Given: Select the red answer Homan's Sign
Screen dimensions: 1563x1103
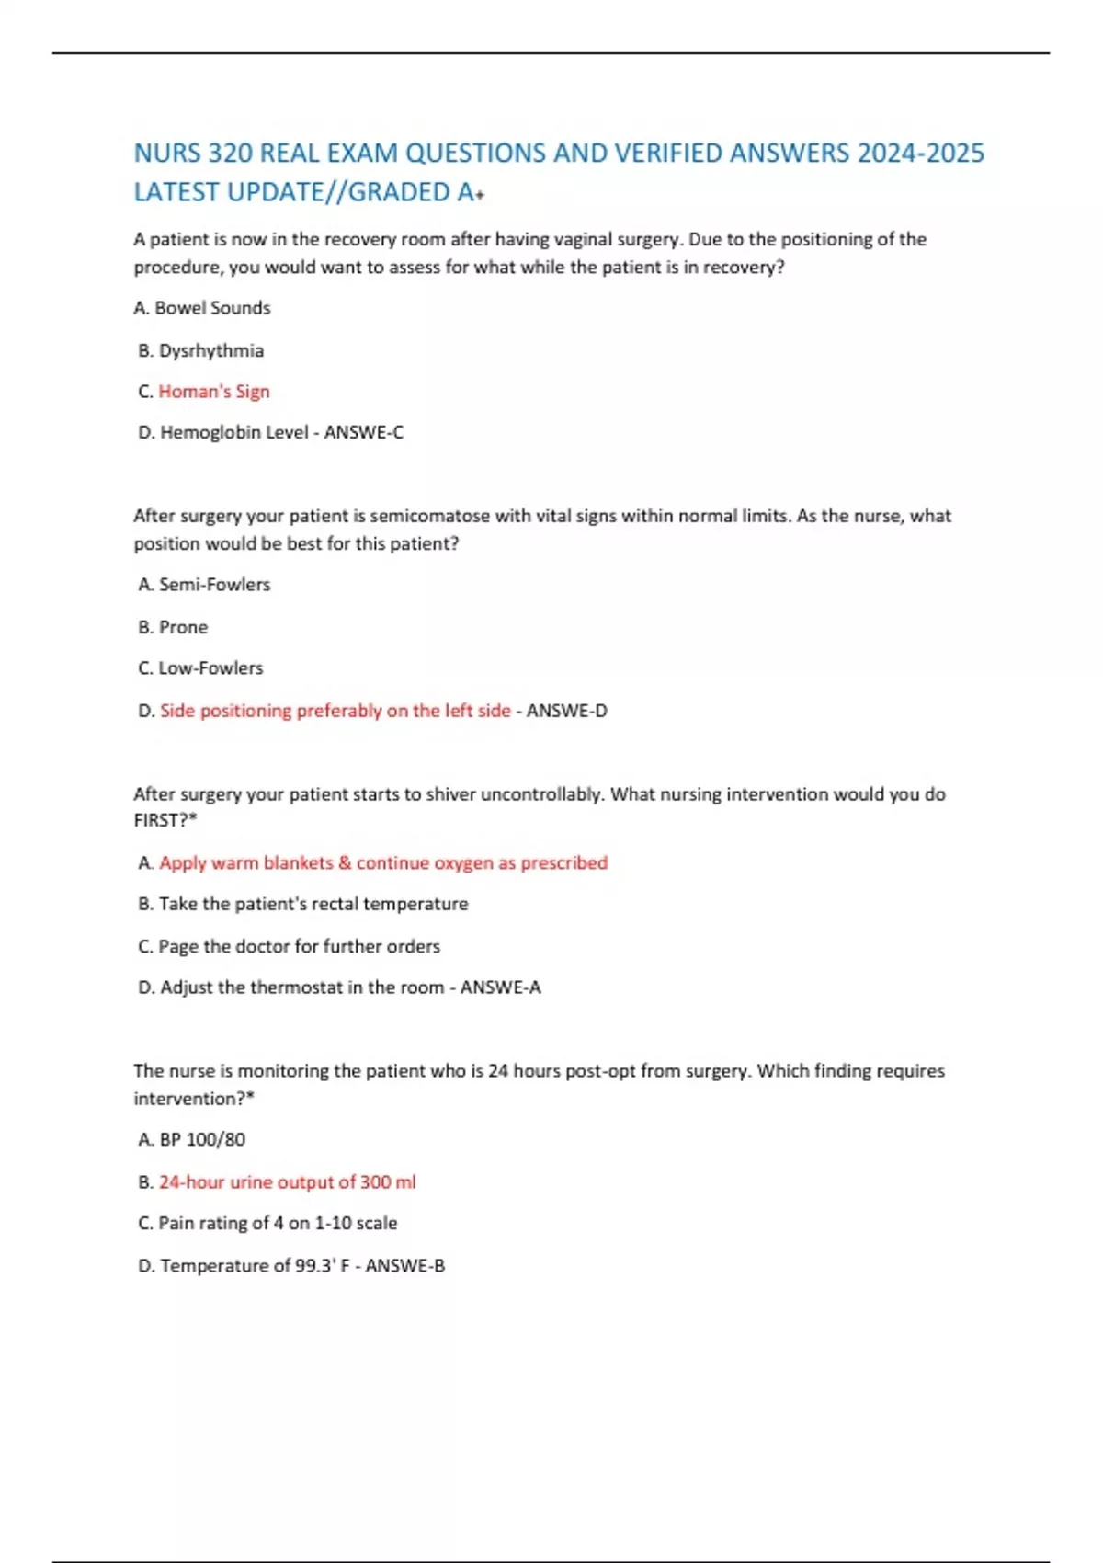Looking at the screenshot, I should (x=214, y=392).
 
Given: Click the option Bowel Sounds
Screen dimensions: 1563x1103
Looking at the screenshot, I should (x=212, y=308).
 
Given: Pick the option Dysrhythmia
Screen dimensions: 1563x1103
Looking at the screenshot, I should (x=211, y=350).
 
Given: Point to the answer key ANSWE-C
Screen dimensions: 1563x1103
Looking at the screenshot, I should (x=364, y=432).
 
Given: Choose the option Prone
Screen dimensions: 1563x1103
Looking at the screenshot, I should (x=184, y=627).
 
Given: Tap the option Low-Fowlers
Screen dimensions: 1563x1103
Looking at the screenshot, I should (x=210, y=668).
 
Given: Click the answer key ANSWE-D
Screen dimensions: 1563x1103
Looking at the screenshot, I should (x=567, y=711).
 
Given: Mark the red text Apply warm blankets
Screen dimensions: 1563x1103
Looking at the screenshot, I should (x=246, y=863).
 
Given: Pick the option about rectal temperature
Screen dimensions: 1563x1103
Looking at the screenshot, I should (x=313, y=905).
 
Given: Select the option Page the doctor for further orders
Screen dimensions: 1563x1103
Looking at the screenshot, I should (x=299, y=947).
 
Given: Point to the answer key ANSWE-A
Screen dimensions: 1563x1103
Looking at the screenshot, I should (x=501, y=987).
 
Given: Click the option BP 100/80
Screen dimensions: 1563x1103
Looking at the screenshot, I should (x=202, y=1140).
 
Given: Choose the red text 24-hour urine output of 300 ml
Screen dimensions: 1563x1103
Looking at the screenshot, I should (x=287, y=1182).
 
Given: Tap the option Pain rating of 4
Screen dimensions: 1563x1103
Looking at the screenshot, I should (x=278, y=1224).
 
